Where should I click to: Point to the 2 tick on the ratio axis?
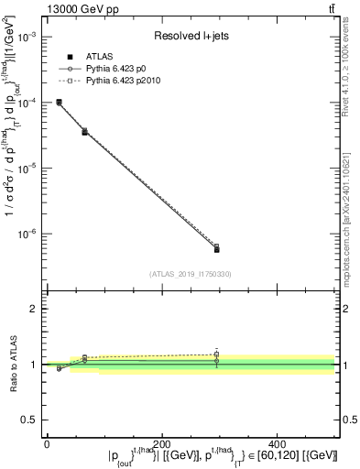tap(34, 309)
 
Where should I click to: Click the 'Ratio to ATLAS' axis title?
tap(12, 364)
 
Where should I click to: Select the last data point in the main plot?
tap(216, 247)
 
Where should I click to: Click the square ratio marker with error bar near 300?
tap(216, 354)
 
